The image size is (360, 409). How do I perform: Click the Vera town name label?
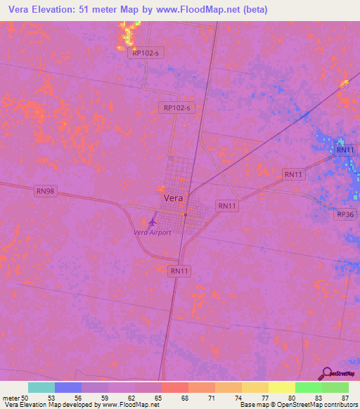(174, 198)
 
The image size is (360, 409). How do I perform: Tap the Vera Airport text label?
(153, 233)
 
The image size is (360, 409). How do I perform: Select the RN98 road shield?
(46, 190)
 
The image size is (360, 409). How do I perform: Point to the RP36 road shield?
(346, 214)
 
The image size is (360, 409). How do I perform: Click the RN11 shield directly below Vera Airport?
(180, 271)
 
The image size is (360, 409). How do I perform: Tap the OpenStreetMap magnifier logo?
(326, 373)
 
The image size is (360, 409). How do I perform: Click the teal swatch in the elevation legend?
(41, 387)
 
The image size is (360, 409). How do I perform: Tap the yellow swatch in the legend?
(281, 387)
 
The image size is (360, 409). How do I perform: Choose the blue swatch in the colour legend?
(68, 387)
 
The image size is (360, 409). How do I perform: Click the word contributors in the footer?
(340, 405)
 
